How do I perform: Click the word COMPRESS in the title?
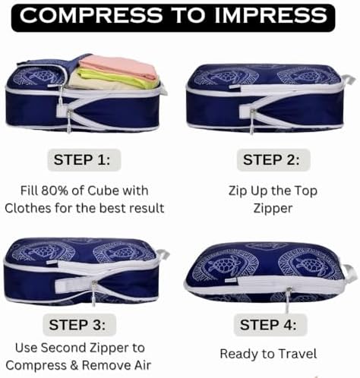[x=91, y=16]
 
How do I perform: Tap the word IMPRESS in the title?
[x=271, y=16]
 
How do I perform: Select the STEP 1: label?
[x=82, y=160]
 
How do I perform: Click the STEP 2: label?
[x=271, y=160]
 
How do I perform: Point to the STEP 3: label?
[x=77, y=325]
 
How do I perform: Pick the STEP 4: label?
[x=268, y=325]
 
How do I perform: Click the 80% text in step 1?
[x=55, y=191]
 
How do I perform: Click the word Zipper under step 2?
[x=273, y=209]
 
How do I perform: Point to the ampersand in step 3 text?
[x=74, y=365]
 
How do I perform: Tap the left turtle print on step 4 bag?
[x=223, y=264]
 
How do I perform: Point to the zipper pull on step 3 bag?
[x=93, y=294]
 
